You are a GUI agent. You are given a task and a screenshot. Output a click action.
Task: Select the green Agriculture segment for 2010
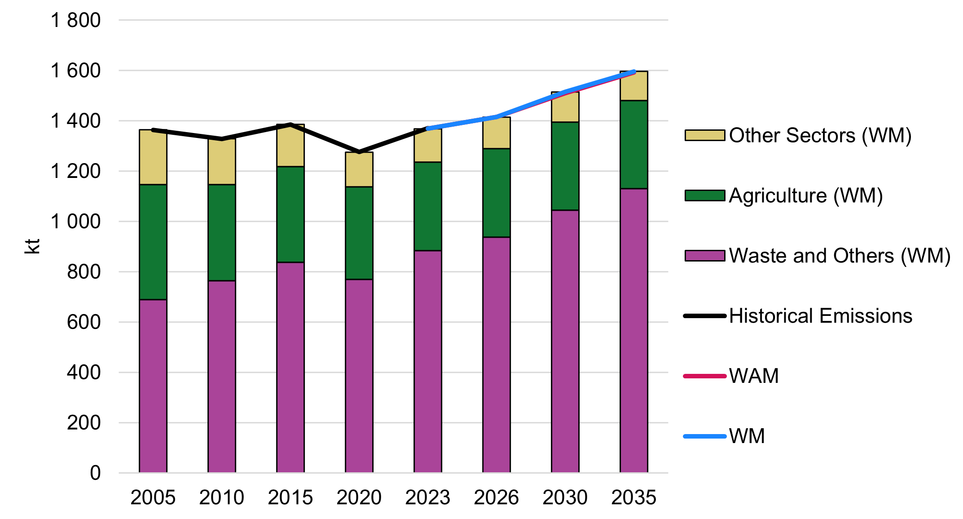point(222,232)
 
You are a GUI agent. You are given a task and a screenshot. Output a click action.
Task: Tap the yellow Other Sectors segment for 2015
point(290,146)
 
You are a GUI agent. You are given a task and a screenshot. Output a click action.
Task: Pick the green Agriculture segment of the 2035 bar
point(634,144)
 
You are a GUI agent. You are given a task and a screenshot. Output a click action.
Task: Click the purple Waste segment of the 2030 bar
point(565,341)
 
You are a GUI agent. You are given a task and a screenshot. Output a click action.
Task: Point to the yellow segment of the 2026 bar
point(497,133)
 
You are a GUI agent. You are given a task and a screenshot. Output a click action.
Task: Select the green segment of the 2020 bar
point(359,233)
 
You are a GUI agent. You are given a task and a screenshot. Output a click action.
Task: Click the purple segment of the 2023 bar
point(428,361)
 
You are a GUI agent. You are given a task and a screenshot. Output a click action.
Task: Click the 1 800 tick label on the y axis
point(75,20)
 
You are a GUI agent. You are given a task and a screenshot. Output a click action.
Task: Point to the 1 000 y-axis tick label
point(75,222)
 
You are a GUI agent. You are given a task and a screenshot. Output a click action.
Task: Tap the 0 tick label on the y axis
point(95,473)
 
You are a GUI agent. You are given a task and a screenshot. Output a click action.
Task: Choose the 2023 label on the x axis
point(428,497)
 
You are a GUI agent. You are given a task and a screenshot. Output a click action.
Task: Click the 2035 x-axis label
point(634,497)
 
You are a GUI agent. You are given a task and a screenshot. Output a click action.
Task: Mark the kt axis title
point(32,246)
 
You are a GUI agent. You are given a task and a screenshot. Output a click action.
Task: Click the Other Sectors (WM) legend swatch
point(704,135)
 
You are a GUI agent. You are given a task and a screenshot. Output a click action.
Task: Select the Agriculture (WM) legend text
point(806,195)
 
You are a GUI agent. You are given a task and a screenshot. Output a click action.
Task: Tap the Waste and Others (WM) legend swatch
point(704,256)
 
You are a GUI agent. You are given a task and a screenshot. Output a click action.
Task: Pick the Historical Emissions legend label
point(821,316)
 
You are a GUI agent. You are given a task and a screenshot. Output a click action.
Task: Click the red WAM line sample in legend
point(704,376)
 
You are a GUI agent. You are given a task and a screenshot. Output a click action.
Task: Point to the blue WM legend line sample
point(704,436)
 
